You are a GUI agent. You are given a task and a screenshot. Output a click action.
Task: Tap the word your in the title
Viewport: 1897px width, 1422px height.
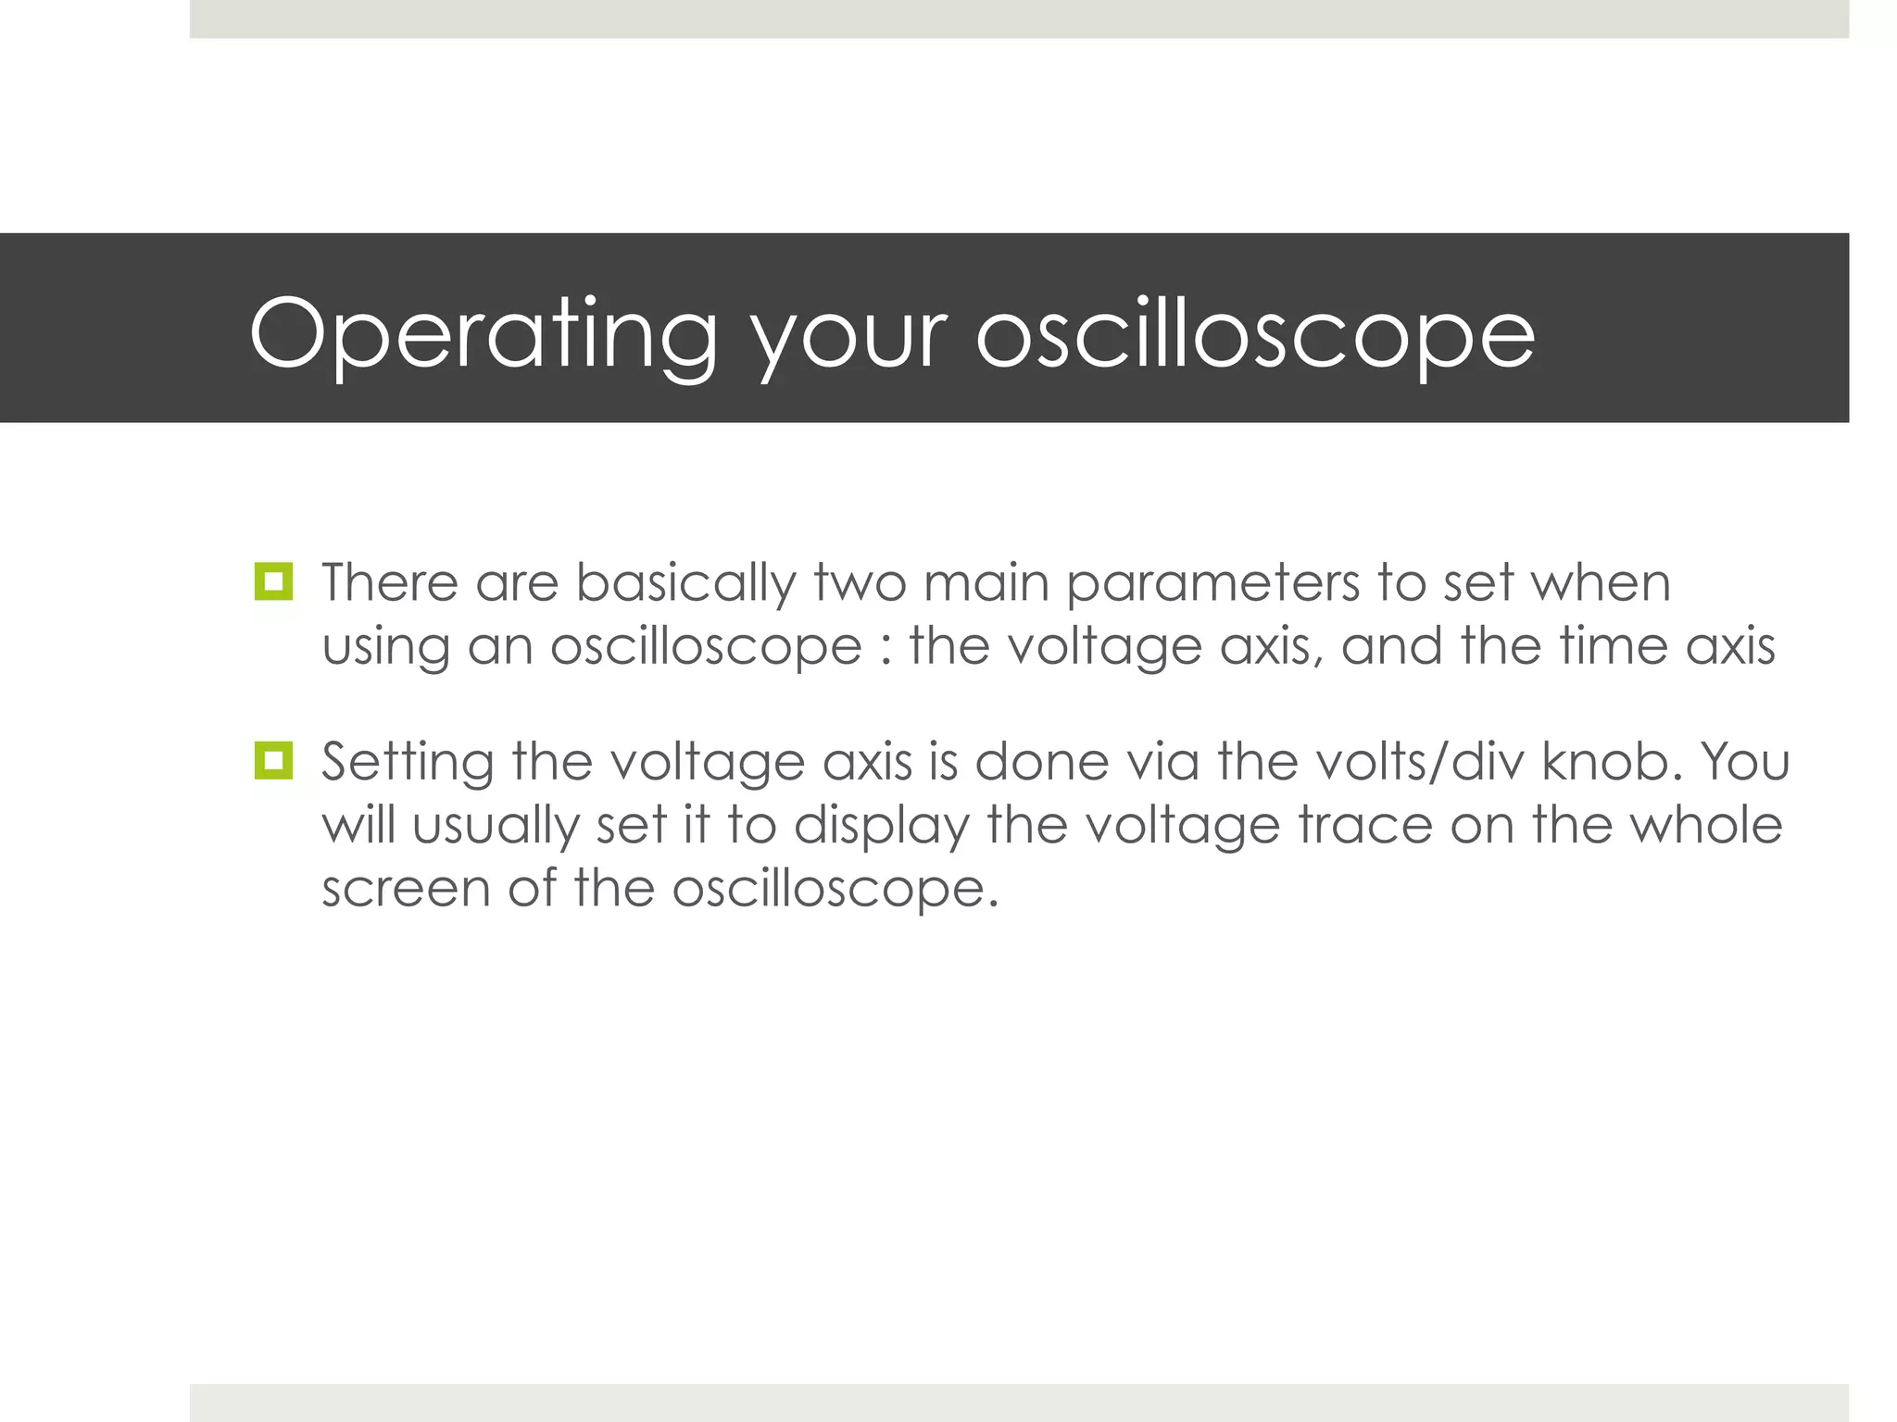tap(849, 338)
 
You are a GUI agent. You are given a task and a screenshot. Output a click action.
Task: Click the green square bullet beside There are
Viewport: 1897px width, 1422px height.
tap(273, 581)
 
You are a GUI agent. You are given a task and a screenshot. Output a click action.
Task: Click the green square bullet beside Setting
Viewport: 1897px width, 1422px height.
tap(273, 761)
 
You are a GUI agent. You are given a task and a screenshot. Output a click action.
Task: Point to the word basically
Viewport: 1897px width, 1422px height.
tap(685, 585)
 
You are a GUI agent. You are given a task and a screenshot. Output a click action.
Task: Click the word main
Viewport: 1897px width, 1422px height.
tap(986, 583)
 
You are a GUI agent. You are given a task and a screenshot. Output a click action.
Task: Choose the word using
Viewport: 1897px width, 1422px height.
tap(385, 648)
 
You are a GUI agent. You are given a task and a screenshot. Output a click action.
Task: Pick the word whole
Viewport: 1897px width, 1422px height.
tap(1705, 825)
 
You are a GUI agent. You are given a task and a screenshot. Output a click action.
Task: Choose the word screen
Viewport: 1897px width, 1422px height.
tap(406, 890)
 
